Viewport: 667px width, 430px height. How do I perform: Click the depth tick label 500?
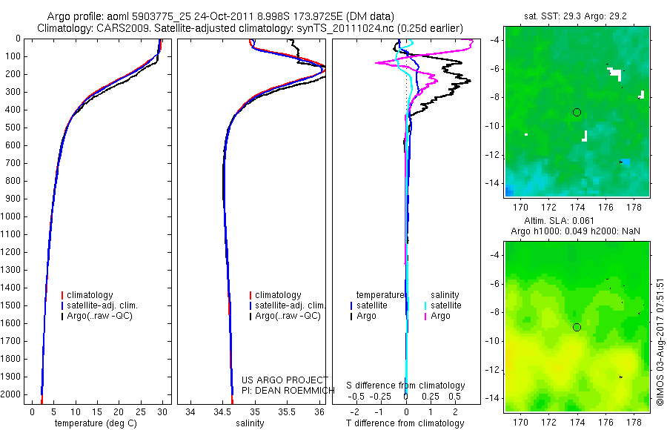pyautogui.click(x=13, y=128)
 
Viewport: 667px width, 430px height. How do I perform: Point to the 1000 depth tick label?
pyautogui.click(x=10, y=216)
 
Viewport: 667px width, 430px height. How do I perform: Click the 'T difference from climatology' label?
pyautogui.click(x=405, y=423)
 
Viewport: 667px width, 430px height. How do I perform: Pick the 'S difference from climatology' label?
pyautogui.click(x=406, y=386)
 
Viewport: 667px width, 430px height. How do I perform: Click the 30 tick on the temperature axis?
pyautogui.click(x=163, y=411)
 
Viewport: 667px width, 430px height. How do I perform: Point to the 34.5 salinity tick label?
pyautogui.click(x=222, y=411)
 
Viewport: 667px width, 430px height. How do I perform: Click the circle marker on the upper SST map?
pyautogui.click(x=577, y=112)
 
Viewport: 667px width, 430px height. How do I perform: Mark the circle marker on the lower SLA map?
pyautogui.click(x=577, y=327)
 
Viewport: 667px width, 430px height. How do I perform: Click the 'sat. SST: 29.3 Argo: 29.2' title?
pyautogui.click(x=576, y=15)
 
